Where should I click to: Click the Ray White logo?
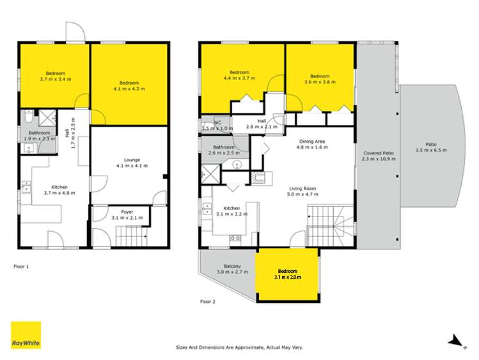(x=26, y=335)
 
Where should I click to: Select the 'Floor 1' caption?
(x=22, y=265)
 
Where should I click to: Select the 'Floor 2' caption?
(x=208, y=301)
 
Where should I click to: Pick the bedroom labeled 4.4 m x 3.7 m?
(x=239, y=74)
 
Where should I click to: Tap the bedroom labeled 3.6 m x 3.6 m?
(x=320, y=79)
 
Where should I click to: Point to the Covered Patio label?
(x=379, y=156)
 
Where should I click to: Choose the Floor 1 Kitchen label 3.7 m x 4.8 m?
(x=56, y=190)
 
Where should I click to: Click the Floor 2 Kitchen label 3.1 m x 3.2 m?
(x=231, y=211)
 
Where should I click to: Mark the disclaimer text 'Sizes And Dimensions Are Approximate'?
(x=239, y=347)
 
